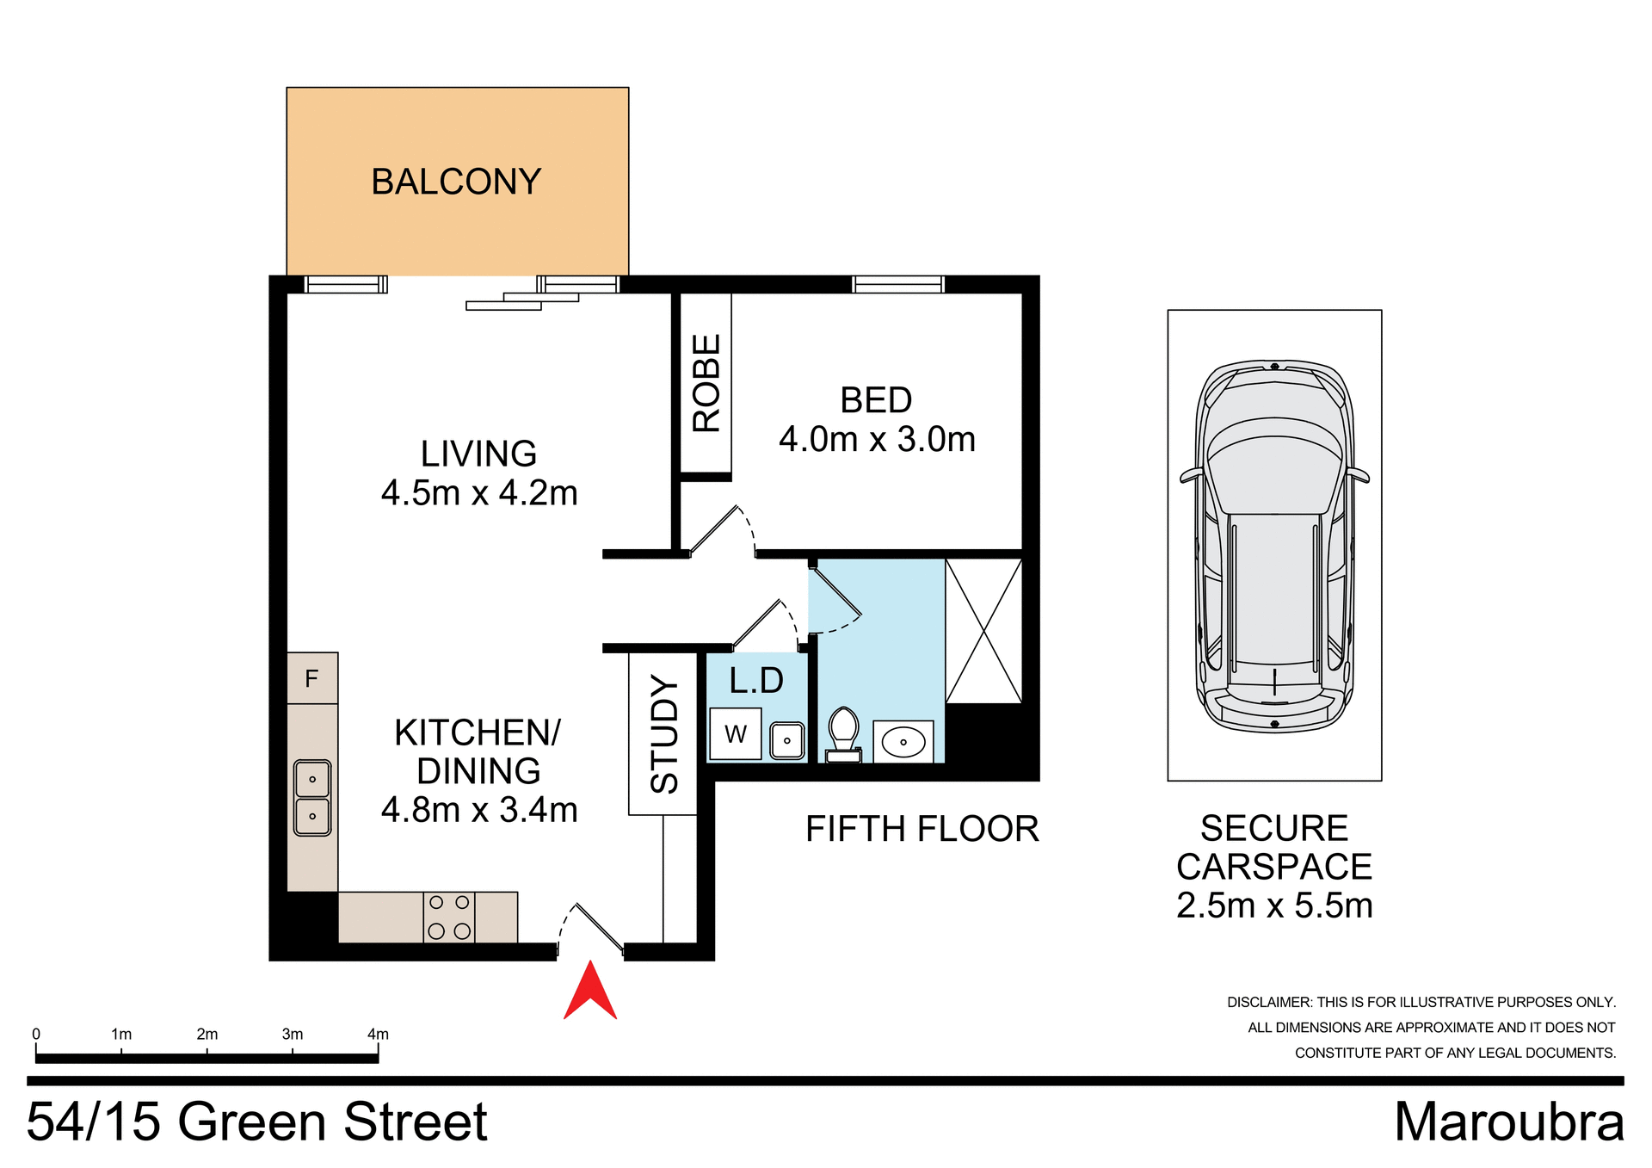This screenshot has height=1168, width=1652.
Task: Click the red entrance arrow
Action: click(590, 992)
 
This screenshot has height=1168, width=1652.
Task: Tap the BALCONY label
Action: click(456, 182)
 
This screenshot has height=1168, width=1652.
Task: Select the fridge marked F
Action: click(312, 678)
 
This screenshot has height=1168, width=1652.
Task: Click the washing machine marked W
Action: click(735, 734)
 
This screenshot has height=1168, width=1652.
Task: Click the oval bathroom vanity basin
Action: click(903, 741)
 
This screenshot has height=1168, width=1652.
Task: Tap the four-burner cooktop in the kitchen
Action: click(449, 917)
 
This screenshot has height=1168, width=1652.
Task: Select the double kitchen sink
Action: click(312, 798)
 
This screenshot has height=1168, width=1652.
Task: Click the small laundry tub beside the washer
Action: click(786, 740)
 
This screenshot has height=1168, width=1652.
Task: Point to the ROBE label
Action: click(706, 383)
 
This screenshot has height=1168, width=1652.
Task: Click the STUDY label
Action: click(664, 733)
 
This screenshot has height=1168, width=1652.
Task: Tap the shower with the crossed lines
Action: click(983, 631)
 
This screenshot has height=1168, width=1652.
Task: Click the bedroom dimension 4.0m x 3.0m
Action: click(877, 440)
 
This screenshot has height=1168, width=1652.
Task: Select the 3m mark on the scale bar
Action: click(293, 1035)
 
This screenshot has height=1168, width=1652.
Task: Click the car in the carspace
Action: click(1274, 547)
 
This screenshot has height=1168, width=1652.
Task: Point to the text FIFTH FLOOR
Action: click(922, 829)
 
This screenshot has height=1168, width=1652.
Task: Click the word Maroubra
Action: click(1508, 1122)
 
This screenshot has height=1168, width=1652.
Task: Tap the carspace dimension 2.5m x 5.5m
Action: click(1274, 905)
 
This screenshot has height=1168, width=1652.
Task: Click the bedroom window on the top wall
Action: click(898, 284)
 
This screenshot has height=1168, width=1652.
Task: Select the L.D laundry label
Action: click(756, 681)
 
